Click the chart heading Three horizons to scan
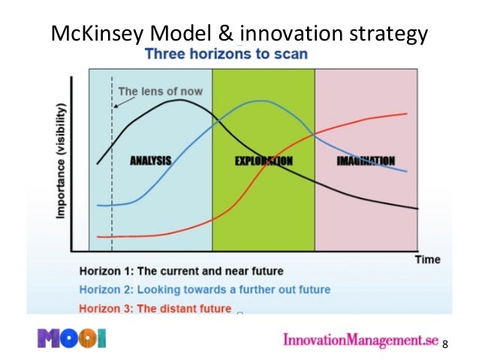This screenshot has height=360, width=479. pos(225,55)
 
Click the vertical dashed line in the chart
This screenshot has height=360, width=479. pos(112,188)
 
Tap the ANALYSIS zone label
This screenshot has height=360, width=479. pos(150,160)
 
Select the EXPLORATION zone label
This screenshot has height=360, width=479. pos(264,161)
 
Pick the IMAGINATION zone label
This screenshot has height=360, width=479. pos(366,160)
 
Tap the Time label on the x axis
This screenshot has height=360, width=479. pos(428,259)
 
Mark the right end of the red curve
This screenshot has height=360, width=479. pos(407,113)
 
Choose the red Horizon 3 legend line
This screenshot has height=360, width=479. pos(155,307)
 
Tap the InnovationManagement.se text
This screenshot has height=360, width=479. pos(360,340)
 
